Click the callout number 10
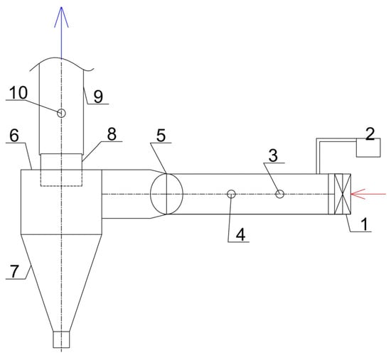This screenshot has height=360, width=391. tap(18, 93)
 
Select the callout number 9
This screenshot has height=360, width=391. tap(98, 97)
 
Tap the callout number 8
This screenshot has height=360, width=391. tap(112, 134)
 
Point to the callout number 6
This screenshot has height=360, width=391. tap(14, 136)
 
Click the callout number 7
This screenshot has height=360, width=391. tap(14, 271)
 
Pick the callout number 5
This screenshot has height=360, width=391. tap(161, 136)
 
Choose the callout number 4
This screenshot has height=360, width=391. tap(240, 235)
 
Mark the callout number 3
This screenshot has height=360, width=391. tap(273, 156)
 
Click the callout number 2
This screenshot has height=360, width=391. tap(370, 133)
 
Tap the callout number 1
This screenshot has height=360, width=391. tap(365, 224)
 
